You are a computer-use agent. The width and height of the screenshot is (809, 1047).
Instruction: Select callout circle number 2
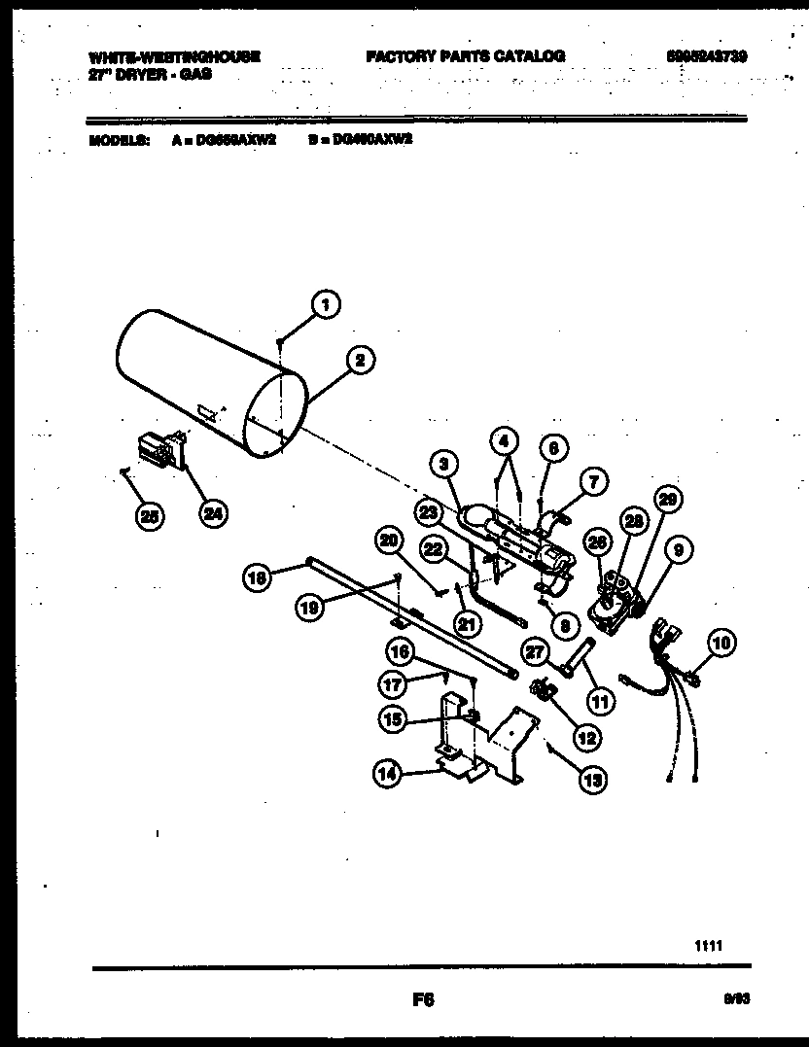(360, 360)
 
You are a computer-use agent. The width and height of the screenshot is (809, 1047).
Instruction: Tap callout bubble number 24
(210, 514)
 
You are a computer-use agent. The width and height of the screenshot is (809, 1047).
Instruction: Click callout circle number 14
(389, 774)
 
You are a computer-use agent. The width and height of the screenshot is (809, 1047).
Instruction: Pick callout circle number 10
(721, 642)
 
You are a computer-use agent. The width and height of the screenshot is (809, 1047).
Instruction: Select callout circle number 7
(592, 480)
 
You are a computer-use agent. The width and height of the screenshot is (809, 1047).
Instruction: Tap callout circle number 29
(665, 501)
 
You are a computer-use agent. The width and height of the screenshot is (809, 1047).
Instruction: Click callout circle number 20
(390, 541)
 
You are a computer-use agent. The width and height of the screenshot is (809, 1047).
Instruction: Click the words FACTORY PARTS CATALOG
(465, 56)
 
